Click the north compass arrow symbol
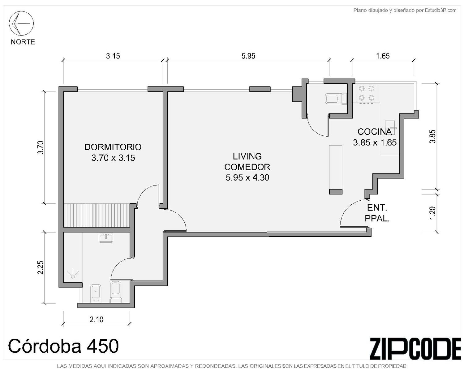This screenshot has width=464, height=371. coord(21,23)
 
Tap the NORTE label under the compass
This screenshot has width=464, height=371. coord(23,42)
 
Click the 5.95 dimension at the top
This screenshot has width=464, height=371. coord(248,56)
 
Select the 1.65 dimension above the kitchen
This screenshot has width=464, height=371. coord(383,56)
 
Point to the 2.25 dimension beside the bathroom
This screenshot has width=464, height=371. coord(41,267)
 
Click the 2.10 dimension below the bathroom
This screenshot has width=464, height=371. coord(97,319)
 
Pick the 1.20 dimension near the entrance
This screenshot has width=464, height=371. coord(432,213)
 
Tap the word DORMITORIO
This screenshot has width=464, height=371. coord(113,147)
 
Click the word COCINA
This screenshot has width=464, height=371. coord(375,132)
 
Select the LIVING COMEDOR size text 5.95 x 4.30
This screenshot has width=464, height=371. coord(247,178)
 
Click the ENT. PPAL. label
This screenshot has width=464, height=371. coord(377,213)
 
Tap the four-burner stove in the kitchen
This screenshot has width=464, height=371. coord(366,93)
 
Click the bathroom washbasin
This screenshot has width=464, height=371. coord(106,238)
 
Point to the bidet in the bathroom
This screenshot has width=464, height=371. coord(96,294)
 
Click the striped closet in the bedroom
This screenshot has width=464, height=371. coord(97,215)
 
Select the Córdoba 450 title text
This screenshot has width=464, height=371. coord(63,346)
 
